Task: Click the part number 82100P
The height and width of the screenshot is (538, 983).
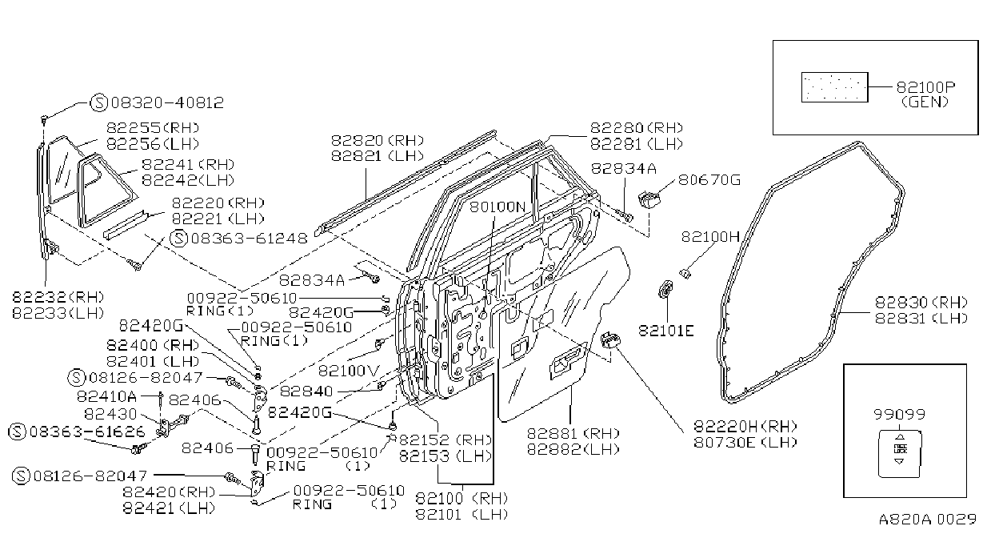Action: [x=925, y=87]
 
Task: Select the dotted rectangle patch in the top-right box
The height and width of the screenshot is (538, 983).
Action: [x=835, y=87]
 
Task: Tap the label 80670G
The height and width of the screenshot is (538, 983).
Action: [x=709, y=179]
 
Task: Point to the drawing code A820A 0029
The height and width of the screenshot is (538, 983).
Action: [x=927, y=519]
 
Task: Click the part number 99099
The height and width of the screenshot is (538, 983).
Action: [x=899, y=414]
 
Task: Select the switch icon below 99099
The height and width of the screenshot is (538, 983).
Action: [x=899, y=453]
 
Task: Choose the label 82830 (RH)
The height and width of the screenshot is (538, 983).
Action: [x=921, y=302]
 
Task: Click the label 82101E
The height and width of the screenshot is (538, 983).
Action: [x=666, y=331]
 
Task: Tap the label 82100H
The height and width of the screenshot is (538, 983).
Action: [x=710, y=237]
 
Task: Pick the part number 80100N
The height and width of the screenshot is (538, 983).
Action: [x=497, y=207]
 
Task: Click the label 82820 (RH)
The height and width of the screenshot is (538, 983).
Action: [x=378, y=140]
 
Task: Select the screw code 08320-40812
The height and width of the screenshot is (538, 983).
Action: [x=167, y=102]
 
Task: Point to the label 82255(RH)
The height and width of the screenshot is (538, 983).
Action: [x=153, y=128]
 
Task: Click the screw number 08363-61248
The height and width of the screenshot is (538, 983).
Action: [x=250, y=238]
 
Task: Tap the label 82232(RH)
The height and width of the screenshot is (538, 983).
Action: [x=58, y=297]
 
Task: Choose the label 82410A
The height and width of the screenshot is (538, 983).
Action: [x=106, y=396]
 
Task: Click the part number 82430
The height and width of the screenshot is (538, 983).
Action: [x=110, y=414]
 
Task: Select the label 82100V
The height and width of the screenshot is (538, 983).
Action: [x=349, y=371]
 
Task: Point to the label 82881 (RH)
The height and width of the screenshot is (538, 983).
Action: [x=573, y=433]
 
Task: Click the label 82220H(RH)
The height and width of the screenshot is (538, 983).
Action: [x=745, y=426]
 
